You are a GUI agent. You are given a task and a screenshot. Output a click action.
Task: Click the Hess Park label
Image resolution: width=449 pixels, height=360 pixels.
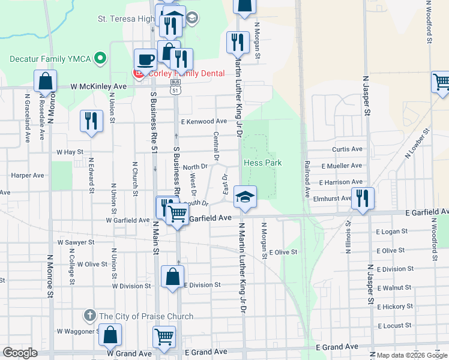[x=263, y=163]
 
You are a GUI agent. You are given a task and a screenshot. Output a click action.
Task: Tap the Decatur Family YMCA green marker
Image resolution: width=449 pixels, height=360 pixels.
[x=101, y=59]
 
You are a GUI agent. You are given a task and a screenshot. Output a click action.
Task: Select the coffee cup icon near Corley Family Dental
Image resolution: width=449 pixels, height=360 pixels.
[x=146, y=59]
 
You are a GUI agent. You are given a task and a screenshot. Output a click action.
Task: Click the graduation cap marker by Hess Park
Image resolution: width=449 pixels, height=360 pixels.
[x=245, y=196]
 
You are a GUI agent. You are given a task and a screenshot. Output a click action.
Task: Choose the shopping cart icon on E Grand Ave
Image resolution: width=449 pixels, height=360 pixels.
[x=164, y=337]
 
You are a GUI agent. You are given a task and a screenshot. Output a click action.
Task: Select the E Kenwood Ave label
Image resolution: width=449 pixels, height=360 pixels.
[x=204, y=121]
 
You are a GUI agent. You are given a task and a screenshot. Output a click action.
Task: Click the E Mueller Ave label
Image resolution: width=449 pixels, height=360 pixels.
[x=342, y=166]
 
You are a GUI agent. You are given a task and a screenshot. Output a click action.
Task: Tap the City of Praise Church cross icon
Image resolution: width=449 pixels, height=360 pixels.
[x=90, y=315]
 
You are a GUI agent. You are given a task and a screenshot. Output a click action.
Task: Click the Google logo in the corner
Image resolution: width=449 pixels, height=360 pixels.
[x=20, y=353]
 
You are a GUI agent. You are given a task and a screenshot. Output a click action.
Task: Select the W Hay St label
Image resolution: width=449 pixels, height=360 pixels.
[x=70, y=152]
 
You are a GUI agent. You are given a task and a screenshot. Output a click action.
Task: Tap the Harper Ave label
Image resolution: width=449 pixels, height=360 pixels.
[x=28, y=176]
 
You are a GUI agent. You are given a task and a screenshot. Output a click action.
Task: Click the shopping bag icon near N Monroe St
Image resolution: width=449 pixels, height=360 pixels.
[x=45, y=80]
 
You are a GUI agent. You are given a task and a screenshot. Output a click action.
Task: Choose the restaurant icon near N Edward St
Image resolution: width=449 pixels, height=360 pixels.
[x=92, y=120]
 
